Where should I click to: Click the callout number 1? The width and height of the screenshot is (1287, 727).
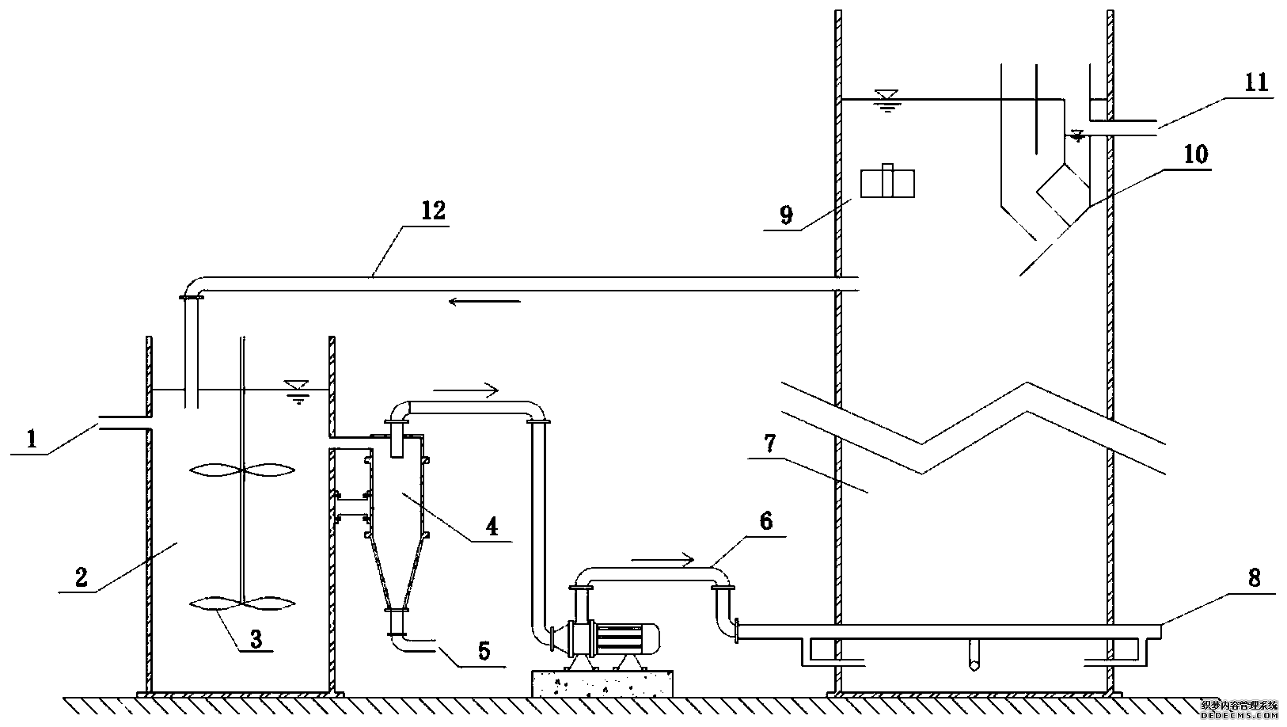click(x=32, y=439)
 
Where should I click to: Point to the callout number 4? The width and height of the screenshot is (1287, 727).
click(x=492, y=527)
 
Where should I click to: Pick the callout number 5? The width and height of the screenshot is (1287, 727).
click(x=484, y=652)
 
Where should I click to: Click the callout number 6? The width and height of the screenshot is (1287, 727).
click(x=765, y=522)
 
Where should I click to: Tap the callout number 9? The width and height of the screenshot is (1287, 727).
click(x=785, y=215)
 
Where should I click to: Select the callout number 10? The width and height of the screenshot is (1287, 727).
click(x=1195, y=154)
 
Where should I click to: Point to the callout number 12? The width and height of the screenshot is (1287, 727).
click(x=434, y=211)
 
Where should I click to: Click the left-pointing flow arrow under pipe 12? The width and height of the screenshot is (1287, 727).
click(x=484, y=301)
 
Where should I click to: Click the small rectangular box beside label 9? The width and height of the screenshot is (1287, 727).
click(x=886, y=183)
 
